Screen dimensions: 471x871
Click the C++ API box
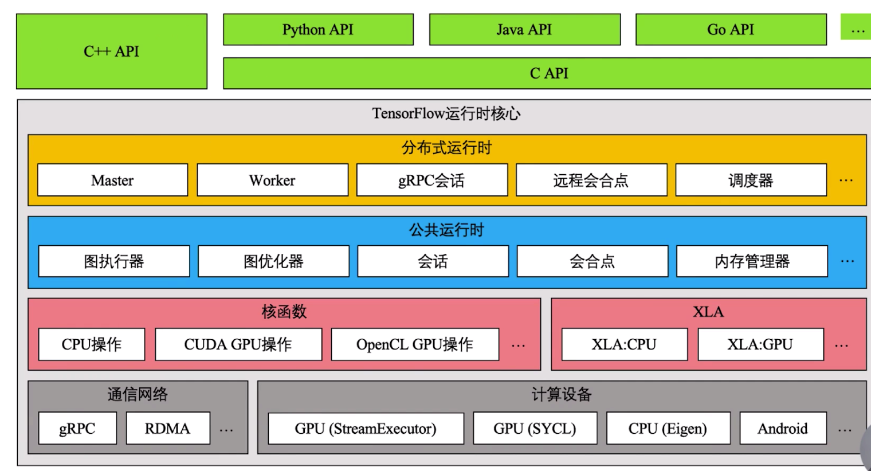[x=112, y=52]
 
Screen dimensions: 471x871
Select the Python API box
[x=318, y=30]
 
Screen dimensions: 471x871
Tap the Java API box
[x=524, y=30]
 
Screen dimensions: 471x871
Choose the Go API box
[x=731, y=30]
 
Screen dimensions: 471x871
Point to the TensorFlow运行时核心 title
[x=446, y=113]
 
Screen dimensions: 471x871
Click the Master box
[x=112, y=180]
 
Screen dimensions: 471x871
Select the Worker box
[x=272, y=180]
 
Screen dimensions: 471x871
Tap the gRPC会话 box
[x=431, y=180]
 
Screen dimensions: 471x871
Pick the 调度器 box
[x=751, y=180]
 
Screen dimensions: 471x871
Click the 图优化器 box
[x=273, y=262]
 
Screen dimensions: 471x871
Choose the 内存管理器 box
[x=752, y=262]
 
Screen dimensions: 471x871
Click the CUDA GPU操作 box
[x=238, y=344]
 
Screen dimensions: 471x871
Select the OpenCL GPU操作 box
[x=415, y=344]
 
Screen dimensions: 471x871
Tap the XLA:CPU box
[x=624, y=344]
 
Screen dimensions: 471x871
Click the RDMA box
[x=168, y=429]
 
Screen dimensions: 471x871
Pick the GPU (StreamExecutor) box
[x=366, y=429]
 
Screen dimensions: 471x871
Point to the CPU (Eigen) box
[x=668, y=429]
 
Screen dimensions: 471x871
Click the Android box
[x=783, y=429]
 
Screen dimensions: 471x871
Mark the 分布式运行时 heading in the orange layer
[x=446, y=148]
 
